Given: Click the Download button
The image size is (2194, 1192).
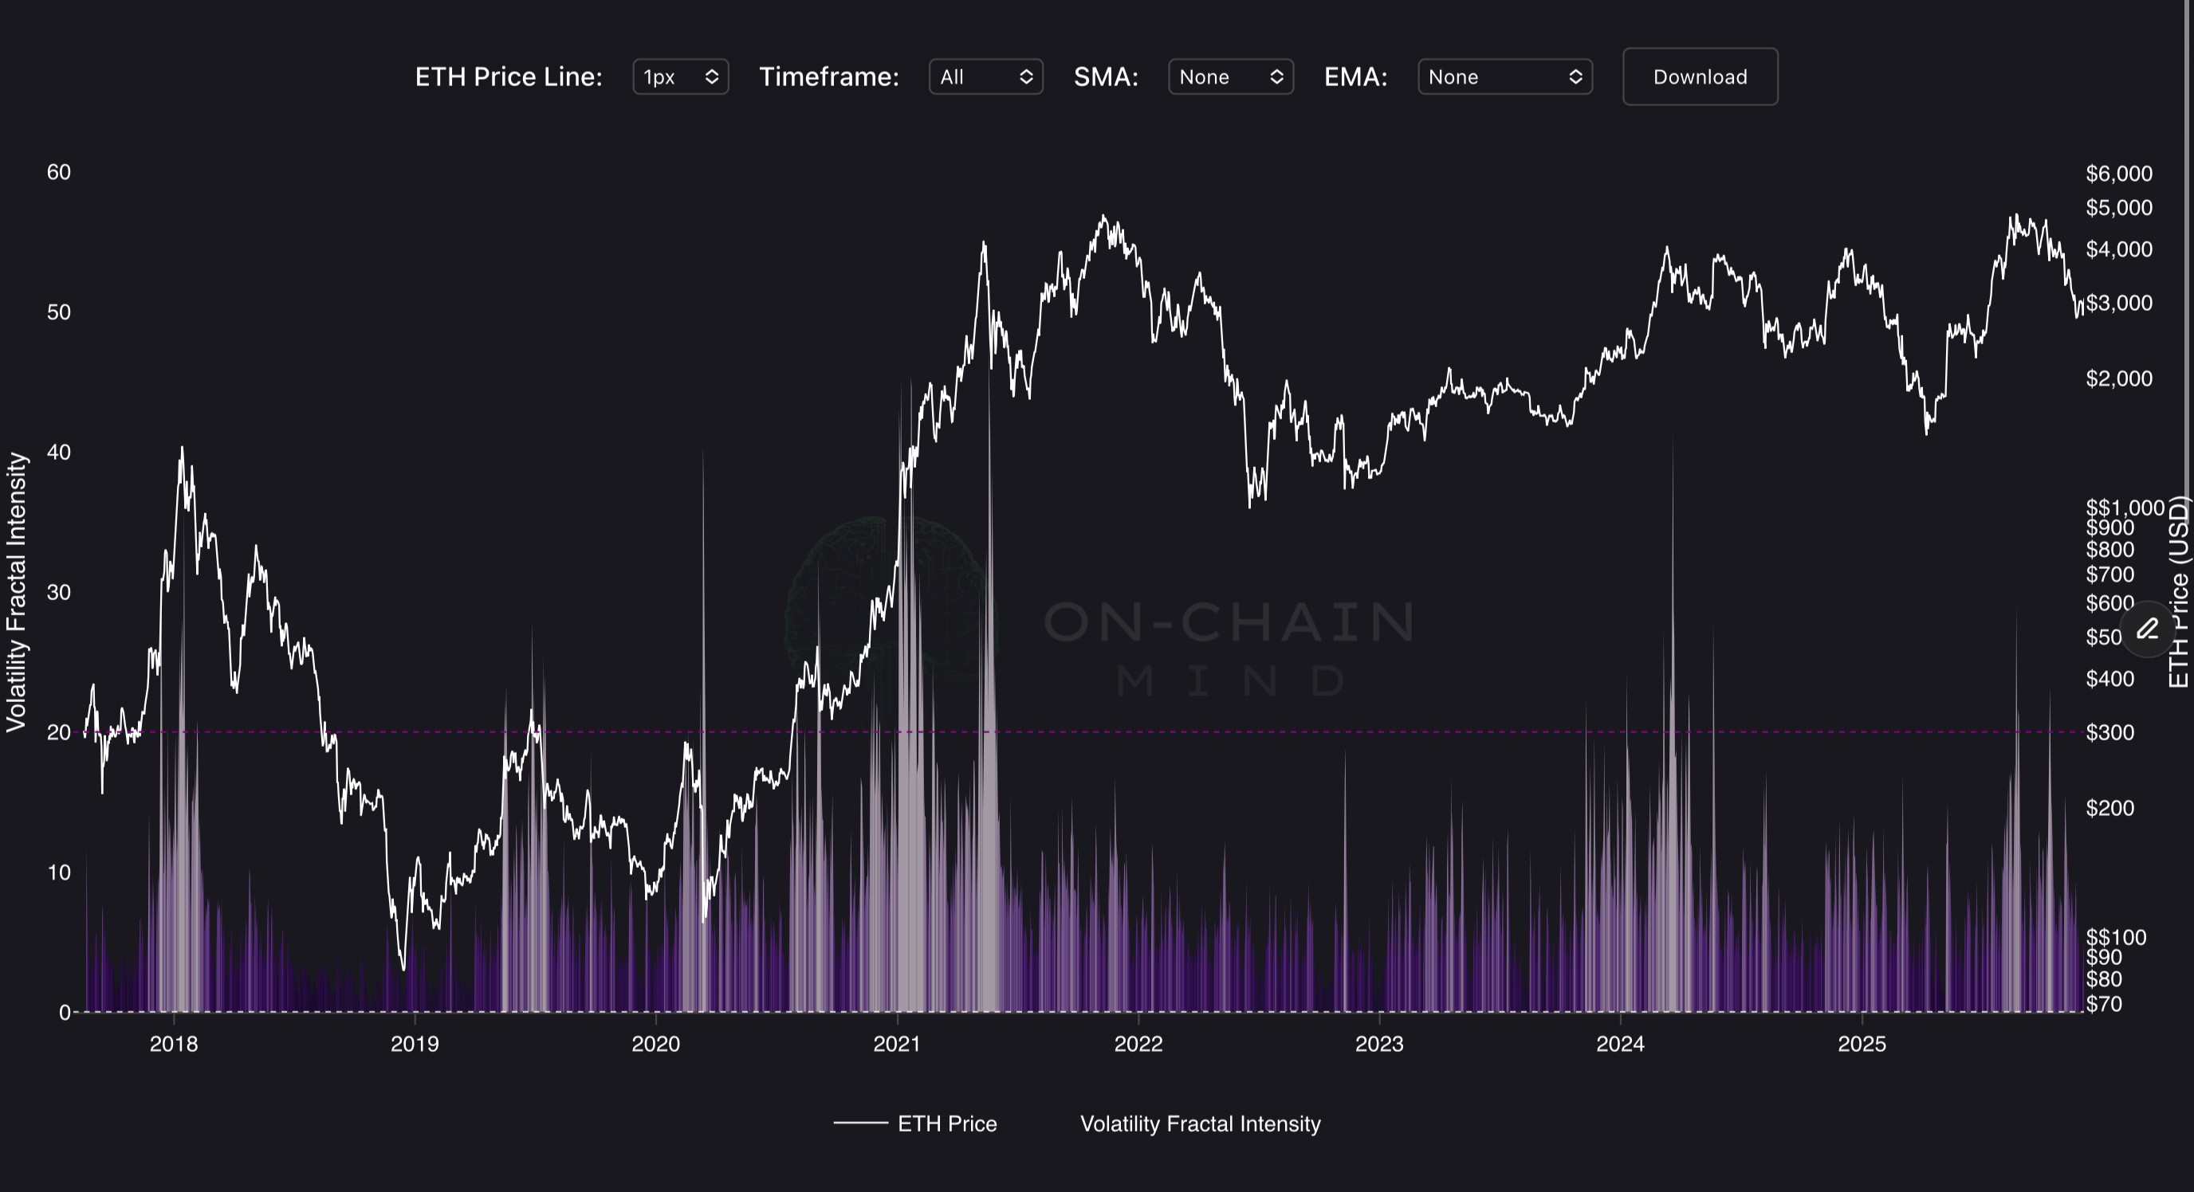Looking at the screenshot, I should click(x=1699, y=76).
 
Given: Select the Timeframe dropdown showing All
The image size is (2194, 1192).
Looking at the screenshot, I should click(x=985, y=76).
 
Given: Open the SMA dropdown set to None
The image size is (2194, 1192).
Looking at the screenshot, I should click(x=1230, y=76).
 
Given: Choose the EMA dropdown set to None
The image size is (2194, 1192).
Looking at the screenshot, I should click(x=1504, y=76).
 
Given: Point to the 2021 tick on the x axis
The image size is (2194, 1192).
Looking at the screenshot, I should click(x=897, y=1044).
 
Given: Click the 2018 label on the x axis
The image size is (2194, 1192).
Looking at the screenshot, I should click(x=174, y=1044).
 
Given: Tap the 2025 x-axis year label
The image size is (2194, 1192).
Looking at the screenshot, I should click(x=1862, y=1044).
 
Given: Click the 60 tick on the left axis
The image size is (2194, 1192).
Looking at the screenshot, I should click(x=59, y=172).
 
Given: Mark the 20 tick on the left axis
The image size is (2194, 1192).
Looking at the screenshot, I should click(x=59, y=732).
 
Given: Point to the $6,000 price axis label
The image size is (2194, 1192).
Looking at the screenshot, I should click(x=2118, y=174).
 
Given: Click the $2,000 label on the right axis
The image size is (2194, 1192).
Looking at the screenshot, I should click(x=2118, y=378).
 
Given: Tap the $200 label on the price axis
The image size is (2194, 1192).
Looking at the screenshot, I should click(x=2109, y=807).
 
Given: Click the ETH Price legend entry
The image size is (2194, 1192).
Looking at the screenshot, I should click(x=946, y=1124).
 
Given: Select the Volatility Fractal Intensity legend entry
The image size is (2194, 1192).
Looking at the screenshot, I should click(x=1200, y=1124).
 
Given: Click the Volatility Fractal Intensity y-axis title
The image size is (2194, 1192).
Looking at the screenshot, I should click(x=17, y=592).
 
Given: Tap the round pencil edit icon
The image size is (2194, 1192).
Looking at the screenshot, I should click(x=2148, y=629).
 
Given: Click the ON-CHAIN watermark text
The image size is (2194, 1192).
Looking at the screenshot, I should click(x=1229, y=622).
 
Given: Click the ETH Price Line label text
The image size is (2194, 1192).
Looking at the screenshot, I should click(x=509, y=76).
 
